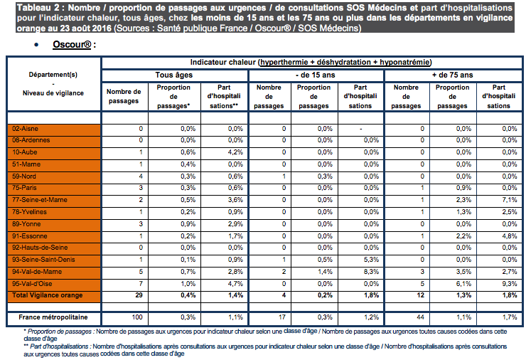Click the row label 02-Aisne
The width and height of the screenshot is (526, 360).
[26, 129]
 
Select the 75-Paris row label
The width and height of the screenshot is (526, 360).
[26, 189]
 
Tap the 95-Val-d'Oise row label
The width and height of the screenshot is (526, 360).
[30, 283]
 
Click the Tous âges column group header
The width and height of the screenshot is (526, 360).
[174, 75]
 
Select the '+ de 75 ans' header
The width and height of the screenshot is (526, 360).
[452, 75]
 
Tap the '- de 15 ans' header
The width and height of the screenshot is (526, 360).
[314, 75]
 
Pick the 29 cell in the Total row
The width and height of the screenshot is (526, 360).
[138, 295]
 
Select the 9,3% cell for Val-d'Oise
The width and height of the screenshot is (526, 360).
[508, 283]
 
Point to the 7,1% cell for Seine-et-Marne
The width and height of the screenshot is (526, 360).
[508, 200]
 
